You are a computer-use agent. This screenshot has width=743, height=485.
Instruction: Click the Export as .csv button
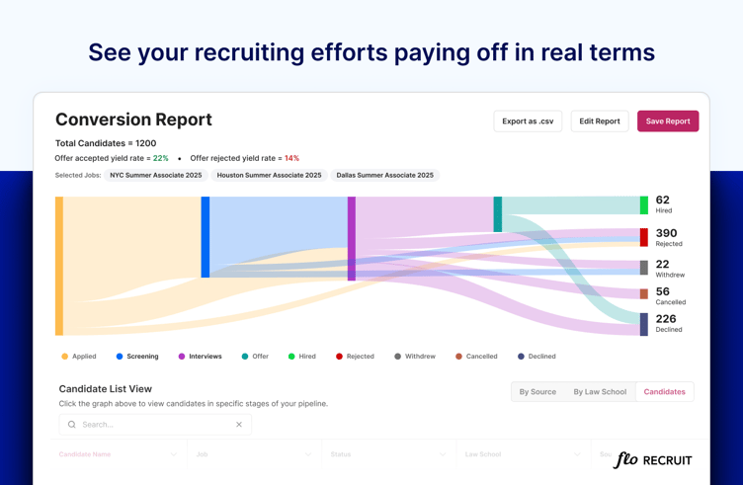click(528, 121)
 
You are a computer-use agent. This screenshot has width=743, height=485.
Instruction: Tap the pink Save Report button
click(668, 121)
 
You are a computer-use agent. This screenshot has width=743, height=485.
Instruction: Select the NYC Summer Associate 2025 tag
click(156, 175)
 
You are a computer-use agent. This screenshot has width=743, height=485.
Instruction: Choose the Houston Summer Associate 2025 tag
click(269, 175)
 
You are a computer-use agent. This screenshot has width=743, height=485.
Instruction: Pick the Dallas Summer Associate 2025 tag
click(384, 175)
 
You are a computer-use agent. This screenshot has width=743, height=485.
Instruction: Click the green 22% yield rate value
click(160, 158)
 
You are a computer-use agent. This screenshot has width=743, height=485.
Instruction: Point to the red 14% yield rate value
click(291, 158)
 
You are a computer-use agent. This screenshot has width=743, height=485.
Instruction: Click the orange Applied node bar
click(59, 265)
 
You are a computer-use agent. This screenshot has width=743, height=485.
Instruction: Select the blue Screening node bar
click(206, 237)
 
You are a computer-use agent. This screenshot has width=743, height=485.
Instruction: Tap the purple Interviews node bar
click(352, 238)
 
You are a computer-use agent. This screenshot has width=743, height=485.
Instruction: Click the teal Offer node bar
click(498, 214)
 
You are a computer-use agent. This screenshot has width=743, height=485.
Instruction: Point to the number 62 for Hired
click(662, 201)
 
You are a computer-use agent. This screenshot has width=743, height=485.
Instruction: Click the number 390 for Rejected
click(666, 233)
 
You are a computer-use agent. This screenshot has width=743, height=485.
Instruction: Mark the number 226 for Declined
click(666, 319)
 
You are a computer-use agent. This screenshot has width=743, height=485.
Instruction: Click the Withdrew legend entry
click(415, 357)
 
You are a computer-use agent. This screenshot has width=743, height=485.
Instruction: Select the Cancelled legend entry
click(477, 357)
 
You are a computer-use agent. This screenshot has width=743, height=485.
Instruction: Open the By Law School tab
click(600, 392)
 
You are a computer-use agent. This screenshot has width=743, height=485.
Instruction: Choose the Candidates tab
click(664, 392)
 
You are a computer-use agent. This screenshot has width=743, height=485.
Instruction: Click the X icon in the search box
click(239, 425)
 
